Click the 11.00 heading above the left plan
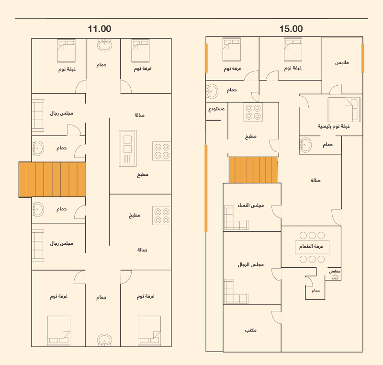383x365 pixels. pyautogui.click(x=100, y=29)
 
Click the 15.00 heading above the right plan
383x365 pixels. pyautogui.click(x=291, y=29)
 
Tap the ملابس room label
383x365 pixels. pyautogui.click(x=342, y=63)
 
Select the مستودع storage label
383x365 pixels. pyautogui.click(x=216, y=109)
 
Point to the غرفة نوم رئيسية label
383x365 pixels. pyautogui.click(x=334, y=126)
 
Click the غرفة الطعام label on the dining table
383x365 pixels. pyautogui.click(x=312, y=246)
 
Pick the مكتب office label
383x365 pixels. pyautogui.click(x=251, y=331)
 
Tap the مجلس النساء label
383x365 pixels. pyautogui.click(x=251, y=205)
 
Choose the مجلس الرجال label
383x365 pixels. pyautogui.click(x=251, y=264)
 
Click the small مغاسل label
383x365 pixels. pyautogui.click(x=334, y=271)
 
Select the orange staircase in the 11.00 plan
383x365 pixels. pyautogui.click(x=52, y=179)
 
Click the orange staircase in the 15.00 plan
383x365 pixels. pyautogui.click(x=253, y=170)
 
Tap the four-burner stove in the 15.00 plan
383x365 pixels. pyautogui.click(x=253, y=112)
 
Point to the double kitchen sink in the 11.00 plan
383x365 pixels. pyautogui.click(x=128, y=148)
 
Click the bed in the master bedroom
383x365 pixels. pyautogui.click(x=344, y=109)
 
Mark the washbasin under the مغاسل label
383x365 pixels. pyautogui.click(x=335, y=277)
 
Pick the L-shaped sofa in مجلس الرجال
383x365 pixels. pyautogui.click(x=237, y=291)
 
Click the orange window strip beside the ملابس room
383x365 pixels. pyautogui.click(x=363, y=58)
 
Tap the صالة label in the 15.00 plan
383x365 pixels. pyautogui.click(x=315, y=180)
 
